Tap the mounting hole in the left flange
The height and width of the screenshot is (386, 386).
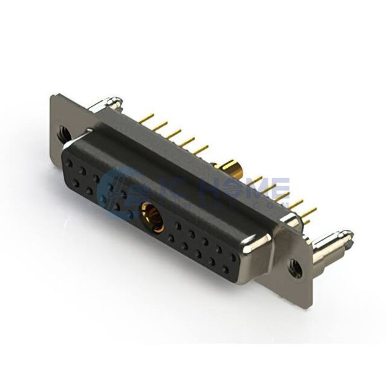(64, 134)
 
